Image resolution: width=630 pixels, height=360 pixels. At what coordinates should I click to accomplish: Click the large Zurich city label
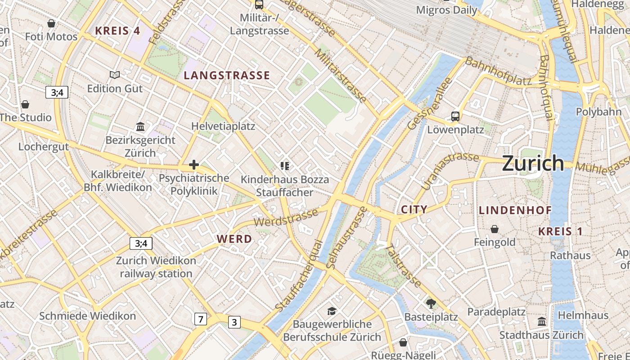pyautogui.click(x=533, y=163)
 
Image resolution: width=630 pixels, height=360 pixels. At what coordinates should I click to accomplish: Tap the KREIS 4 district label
pyautogui.click(x=118, y=31)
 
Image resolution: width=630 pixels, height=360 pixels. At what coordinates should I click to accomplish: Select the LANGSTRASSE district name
pyautogui.click(x=227, y=76)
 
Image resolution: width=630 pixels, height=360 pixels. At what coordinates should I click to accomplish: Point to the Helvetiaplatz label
pyautogui.click(x=223, y=126)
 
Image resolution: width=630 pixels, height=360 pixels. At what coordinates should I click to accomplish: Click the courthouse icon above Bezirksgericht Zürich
pyautogui.click(x=140, y=127)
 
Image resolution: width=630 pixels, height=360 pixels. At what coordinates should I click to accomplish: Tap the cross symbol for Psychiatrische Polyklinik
pyautogui.click(x=194, y=165)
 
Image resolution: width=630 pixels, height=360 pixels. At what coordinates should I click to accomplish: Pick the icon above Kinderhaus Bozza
pyautogui.click(x=284, y=166)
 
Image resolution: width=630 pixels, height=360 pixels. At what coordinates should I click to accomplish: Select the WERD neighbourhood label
pyautogui.click(x=234, y=239)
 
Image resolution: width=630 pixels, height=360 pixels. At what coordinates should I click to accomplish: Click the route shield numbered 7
pyautogui.click(x=201, y=319)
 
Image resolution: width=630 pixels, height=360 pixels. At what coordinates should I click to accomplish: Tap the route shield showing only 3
pyautogui.click(x=234, y=322)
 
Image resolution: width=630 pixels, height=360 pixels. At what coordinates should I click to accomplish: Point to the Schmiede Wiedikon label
pyautogui.click(x=87, y=316)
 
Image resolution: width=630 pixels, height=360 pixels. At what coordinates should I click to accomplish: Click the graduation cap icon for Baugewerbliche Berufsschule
pyautogui.click(x=332, y=311)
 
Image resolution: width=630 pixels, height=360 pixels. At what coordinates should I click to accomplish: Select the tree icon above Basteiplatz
pyautogui.click(x=431, y=303)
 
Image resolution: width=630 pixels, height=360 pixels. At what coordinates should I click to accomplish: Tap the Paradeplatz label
pyautogui.click(x=496, y=312)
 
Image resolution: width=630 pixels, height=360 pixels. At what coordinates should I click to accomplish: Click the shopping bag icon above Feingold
pyautogui.click(x=495, y=229)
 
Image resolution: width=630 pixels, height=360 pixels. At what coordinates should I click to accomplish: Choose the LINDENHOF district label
pyautogui.click(x=509, y=210)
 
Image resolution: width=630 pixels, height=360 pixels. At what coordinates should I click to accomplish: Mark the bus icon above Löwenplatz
pyautogui.click(x=455, y=117)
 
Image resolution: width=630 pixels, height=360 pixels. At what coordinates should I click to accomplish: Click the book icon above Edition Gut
pyautogui.click(x=115, y=75)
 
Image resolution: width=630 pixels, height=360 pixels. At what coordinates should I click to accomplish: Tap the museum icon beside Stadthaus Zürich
pyautogui.click(x=542, y=322)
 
